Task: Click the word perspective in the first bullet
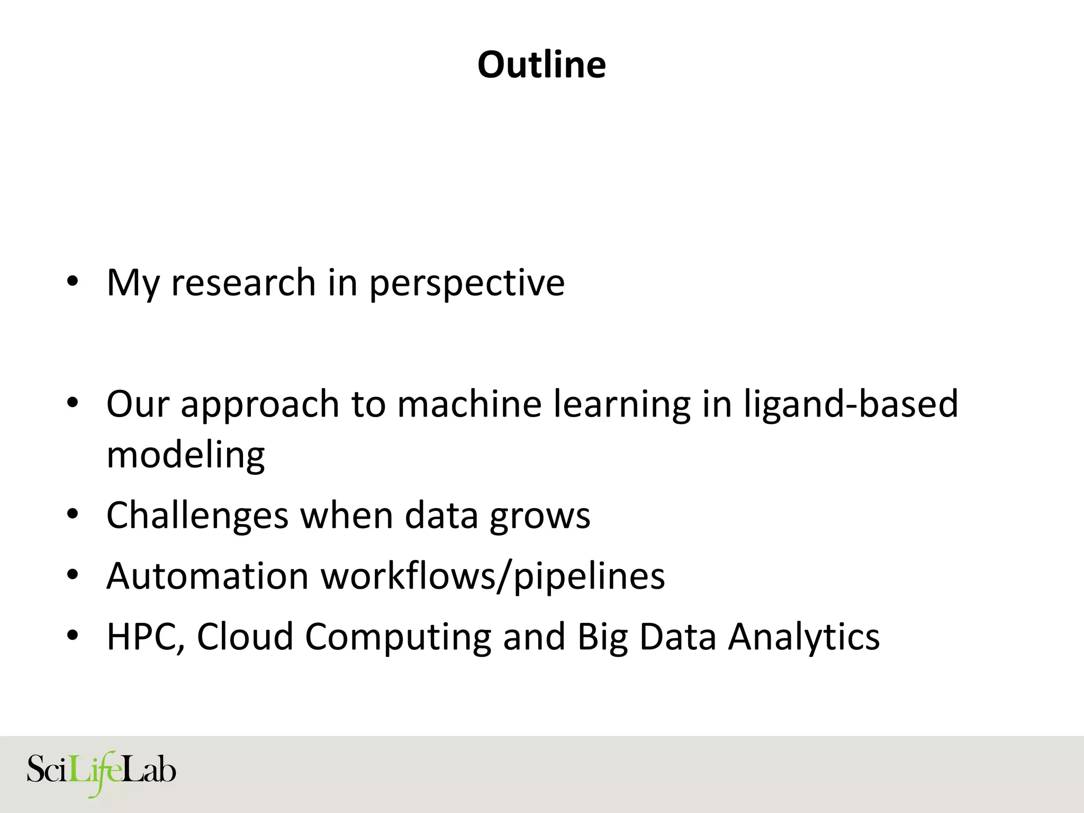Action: (x=467, y=284)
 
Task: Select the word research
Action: (x=243, y=283)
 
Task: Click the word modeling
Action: (x=185, y=455)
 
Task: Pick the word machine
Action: (x=469, y=404)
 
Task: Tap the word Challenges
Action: (x=197, y=516)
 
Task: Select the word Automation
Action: (x=207, y=576)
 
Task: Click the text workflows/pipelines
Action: (x=493, y=576)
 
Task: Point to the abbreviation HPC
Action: (x=142, y=637)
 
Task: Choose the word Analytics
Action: (x=803, y=637)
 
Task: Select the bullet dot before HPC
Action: (x=73, y=635)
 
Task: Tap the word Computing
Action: (x=398, y=637)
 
